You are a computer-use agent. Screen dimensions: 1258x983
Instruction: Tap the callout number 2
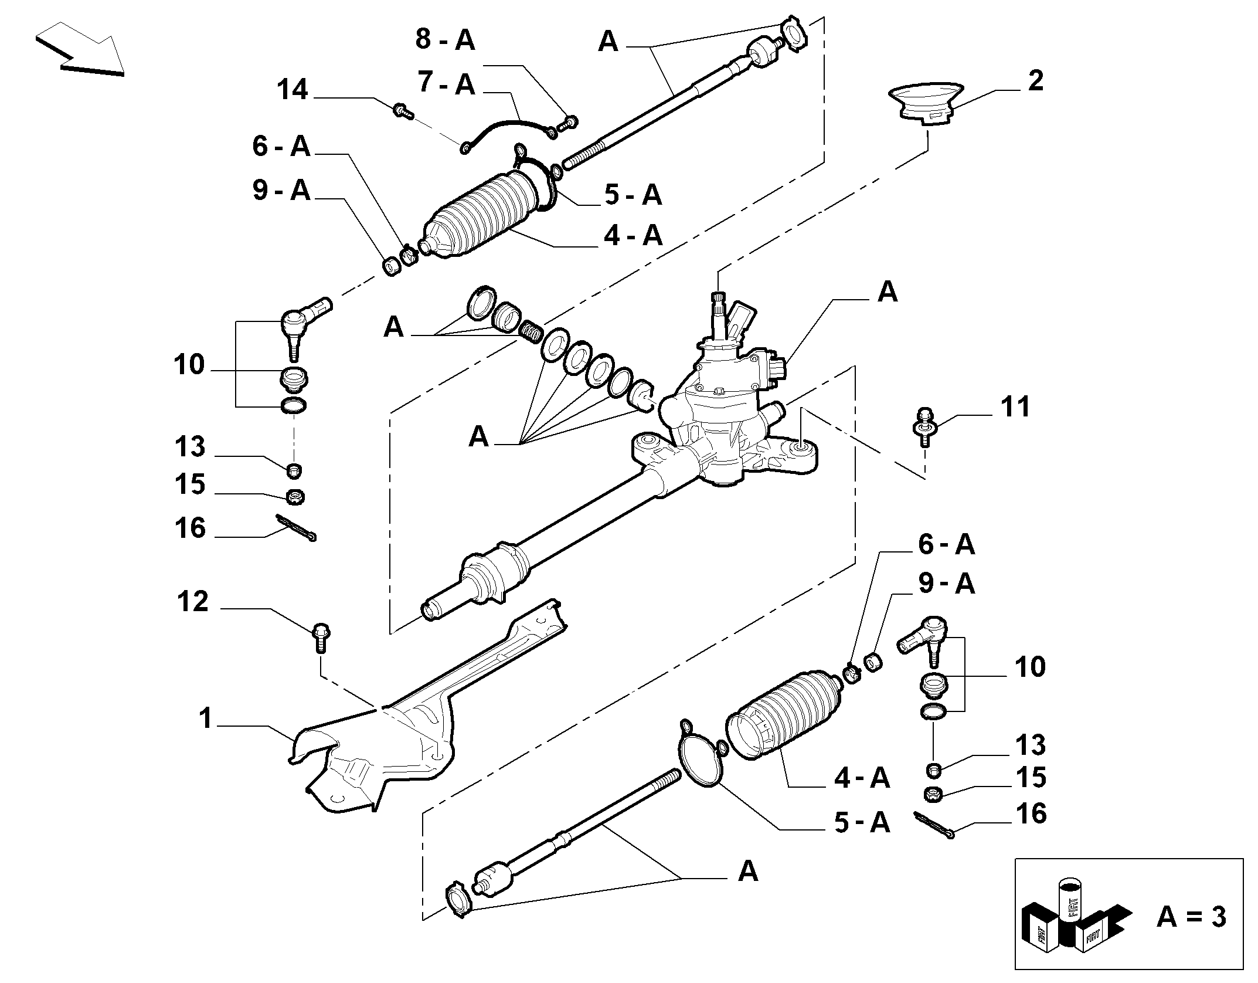click(x=1036, y=81)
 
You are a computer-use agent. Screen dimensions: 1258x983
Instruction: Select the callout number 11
click(x=1015, y=407)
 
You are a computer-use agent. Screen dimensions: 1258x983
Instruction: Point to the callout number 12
click(x=192, y=602)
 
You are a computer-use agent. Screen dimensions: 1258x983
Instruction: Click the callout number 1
click(x=205, y=718)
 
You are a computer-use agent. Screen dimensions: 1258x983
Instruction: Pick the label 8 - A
click(x=445, y=40)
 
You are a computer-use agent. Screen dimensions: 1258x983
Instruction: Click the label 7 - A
click(x=446, y=84)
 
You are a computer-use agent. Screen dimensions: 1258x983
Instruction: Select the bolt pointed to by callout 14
click(x=402, y=110)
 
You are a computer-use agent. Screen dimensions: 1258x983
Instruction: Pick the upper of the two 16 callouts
click(x=190, y=528)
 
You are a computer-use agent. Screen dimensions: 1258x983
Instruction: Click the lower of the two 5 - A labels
click(x=862, y=823)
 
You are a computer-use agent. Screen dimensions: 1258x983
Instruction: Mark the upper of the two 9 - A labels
click(x=281, y=190)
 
